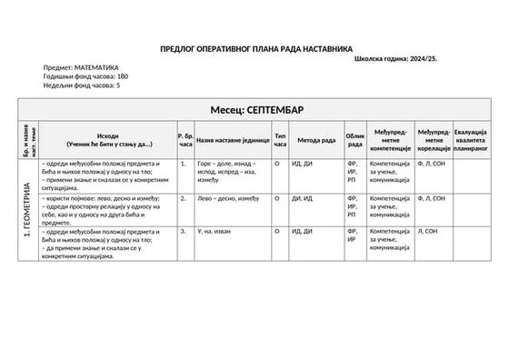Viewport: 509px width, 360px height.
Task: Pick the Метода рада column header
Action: click(x=316, y=140)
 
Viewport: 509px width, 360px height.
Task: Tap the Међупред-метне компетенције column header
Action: click(x=391, y=140)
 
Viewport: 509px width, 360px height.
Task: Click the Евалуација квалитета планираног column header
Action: click(x=471, y=139)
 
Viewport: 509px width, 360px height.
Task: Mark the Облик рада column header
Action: click(x=354, y=140)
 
